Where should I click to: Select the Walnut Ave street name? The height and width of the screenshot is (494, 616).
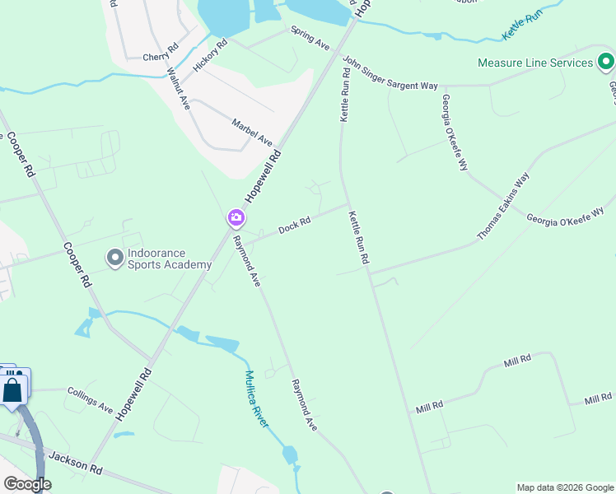tap(179, 89)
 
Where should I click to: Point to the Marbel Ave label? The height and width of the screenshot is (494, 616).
tap(251, 130)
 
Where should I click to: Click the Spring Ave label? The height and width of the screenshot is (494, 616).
tap(310, 37)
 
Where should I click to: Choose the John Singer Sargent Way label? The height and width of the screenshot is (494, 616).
tap(390, 73)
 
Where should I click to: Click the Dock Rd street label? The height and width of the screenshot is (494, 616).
tap(294, 224)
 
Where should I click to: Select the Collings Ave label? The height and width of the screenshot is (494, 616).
tap(90, 401)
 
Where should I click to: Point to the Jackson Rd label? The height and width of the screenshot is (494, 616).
tap(74, 463)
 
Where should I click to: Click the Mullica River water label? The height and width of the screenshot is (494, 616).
tap(256, 398)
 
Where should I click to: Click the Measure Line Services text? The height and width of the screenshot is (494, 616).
tap(535, 63)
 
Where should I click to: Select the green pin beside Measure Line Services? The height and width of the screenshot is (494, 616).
tap(605, 62)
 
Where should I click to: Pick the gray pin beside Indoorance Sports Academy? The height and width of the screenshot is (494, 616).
tap(114, 259)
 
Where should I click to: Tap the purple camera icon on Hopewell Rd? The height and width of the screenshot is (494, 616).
tap(236, 218)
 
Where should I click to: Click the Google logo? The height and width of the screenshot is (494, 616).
tap(27, 484)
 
